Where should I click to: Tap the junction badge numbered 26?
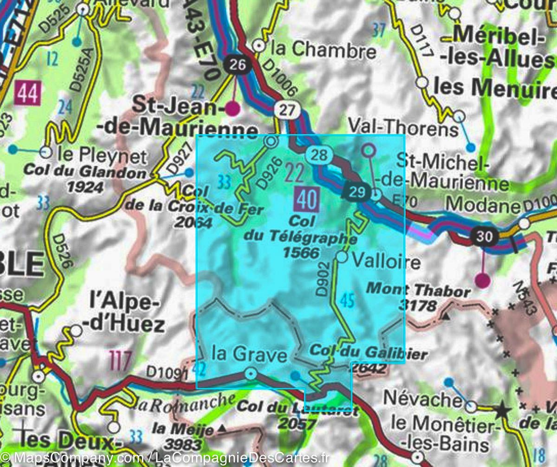tap(237, 65)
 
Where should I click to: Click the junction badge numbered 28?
tap(319, 155)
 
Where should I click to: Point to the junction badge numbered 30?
tap(484, 236)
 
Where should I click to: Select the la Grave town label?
tap(249, 355)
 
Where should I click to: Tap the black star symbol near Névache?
tap(501, 411)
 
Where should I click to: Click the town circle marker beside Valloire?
tap(342, 257)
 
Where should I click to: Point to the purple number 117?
tap(120, 360)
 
